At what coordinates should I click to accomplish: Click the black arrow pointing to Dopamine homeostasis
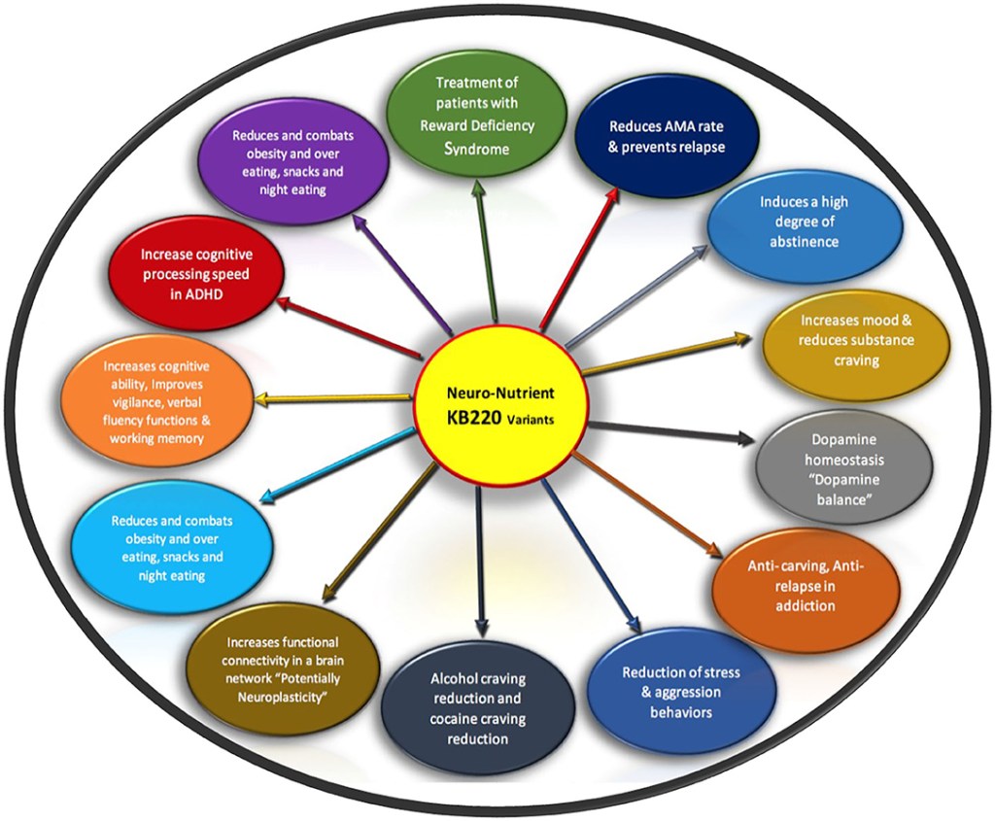tap(670, 431)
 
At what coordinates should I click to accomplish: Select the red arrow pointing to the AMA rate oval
tap(577, 258)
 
